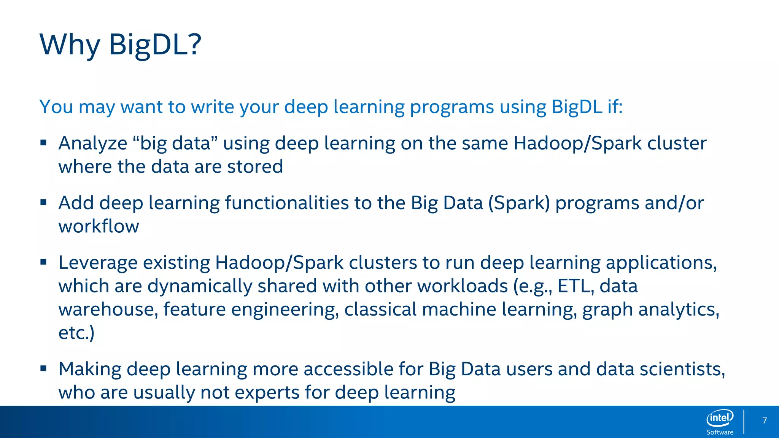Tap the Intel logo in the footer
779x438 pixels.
pos(720,418)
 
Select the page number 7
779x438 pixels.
pos(765,421)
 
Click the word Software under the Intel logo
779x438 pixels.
pos(720,432)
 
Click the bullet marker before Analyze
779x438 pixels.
pos(43,143)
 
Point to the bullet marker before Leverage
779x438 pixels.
pos(43,262)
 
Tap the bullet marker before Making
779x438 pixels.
pos(43,368)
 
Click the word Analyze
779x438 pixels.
pos(93,144)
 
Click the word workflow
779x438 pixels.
pos(99,226)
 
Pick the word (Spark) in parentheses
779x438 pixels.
pos(519,203)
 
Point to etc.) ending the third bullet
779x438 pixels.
pos(76,333)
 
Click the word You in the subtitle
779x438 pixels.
pos(56,107)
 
